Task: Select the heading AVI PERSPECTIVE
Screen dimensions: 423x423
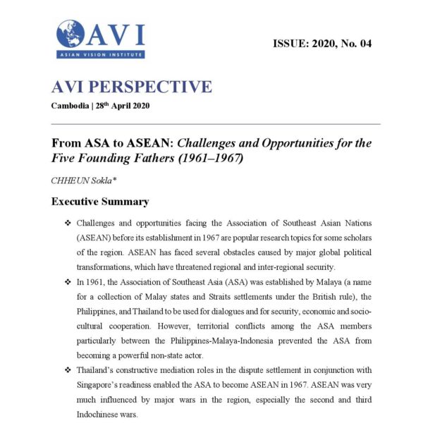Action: tap(131, 87)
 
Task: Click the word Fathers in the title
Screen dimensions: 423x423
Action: tap(142, 159)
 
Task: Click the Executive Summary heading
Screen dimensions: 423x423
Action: tap(99, 202)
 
